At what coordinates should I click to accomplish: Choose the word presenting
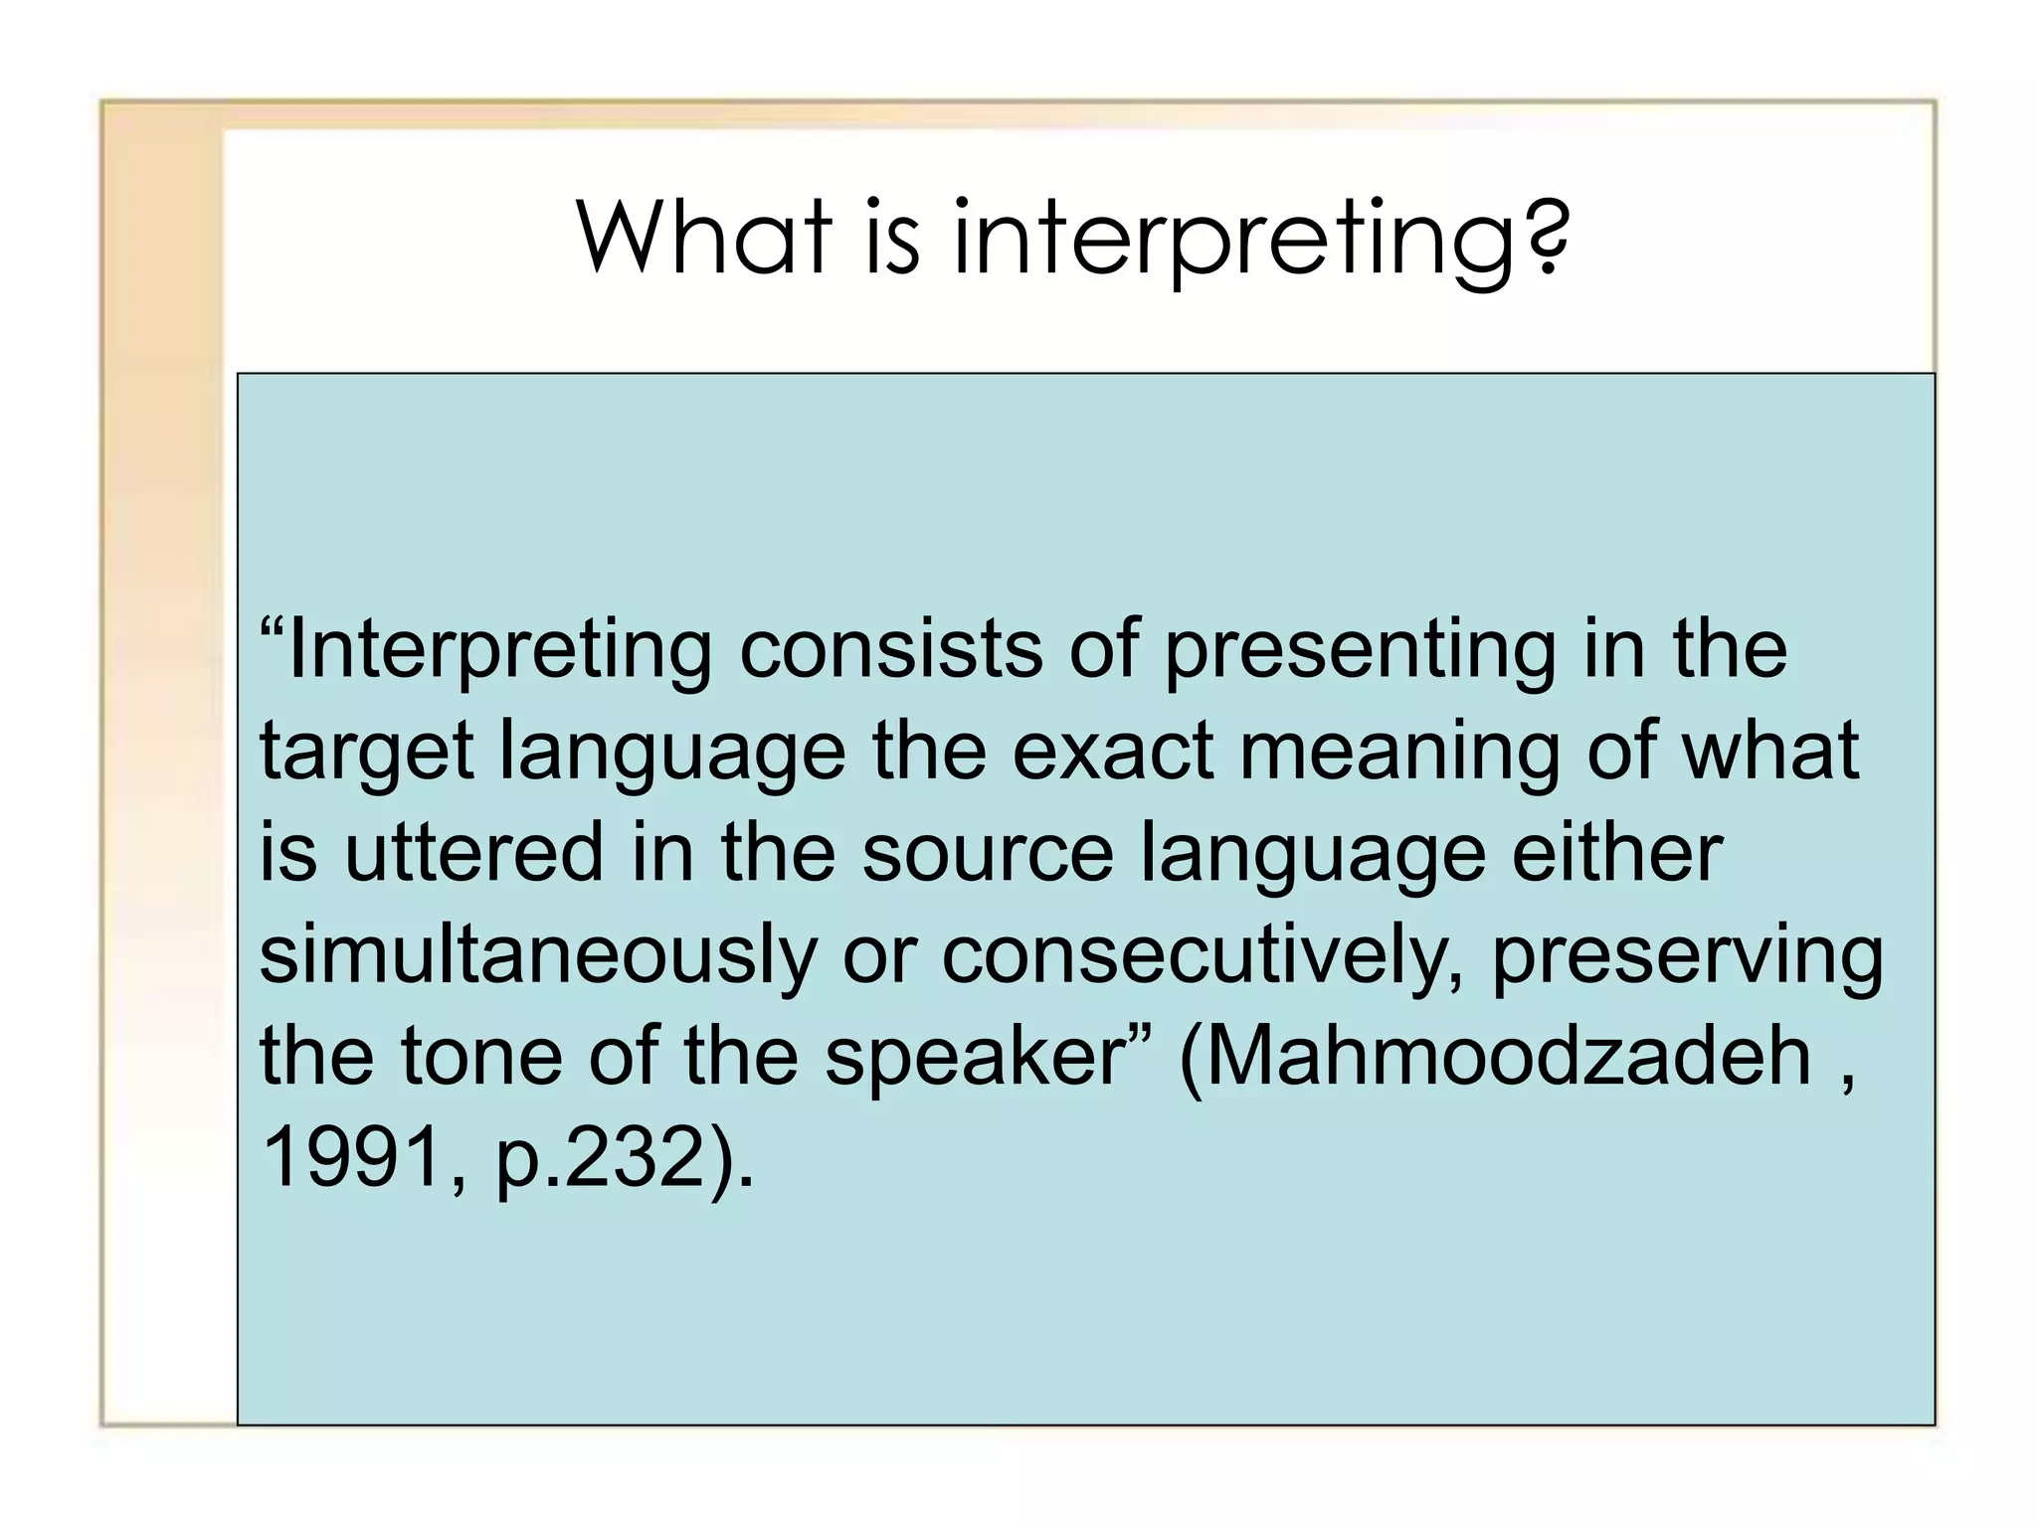point(1359,651)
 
